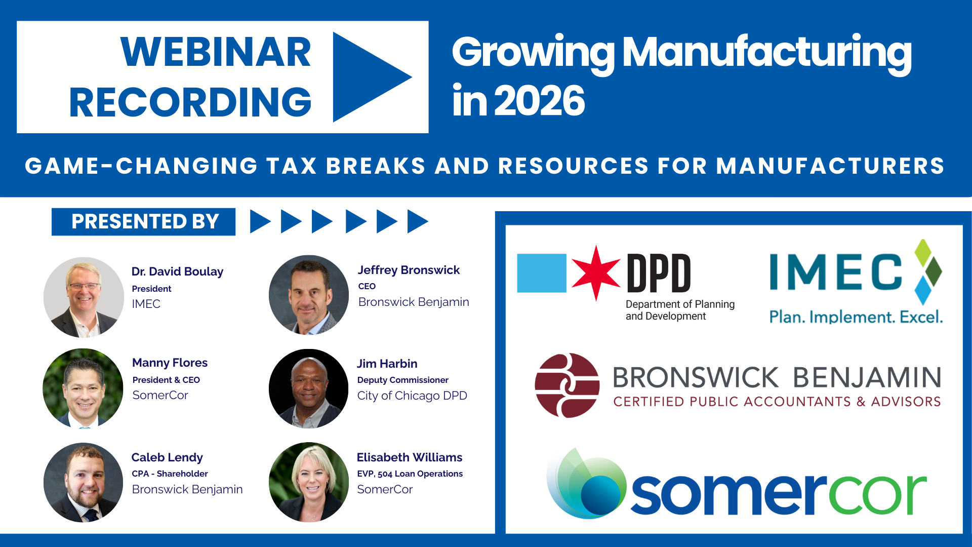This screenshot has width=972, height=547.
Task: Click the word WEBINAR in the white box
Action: (x=216, y=52)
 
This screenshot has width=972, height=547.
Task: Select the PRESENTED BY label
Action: (x=144, y=222)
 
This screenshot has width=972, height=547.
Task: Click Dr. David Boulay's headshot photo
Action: (x=84, y=297)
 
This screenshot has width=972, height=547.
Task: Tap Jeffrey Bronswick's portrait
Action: (x=309, y=295)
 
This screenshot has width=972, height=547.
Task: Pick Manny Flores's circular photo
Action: (x=83, y=388)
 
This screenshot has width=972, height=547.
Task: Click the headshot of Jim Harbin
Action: (x=309, y=388)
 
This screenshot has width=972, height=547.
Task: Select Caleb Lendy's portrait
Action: (x=84, y=483)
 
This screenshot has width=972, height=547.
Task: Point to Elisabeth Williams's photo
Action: (x=309, y=483)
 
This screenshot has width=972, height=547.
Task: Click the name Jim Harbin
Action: (x=387, y=364)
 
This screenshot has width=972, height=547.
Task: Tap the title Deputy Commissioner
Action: (x=402, y=380)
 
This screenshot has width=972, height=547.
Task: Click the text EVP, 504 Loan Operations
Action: (x=410, y=474)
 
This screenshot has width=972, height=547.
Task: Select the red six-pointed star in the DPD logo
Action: (x=596, y=272)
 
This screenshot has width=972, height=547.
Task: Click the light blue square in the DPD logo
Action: (x=541, y=273)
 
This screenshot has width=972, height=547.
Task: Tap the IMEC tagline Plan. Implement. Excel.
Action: (x=856, y=317)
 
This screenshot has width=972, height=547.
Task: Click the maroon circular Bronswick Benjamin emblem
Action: (x=567, y=385)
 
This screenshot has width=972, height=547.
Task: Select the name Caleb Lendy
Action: (x=167, y=457)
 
